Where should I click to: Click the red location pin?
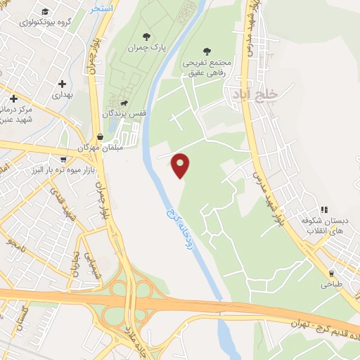[181, 165]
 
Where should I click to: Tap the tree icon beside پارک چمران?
[146, 37]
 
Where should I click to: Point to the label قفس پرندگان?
[117, 113]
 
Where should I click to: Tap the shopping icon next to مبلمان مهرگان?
[100, 136]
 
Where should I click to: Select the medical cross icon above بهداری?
[62, 84]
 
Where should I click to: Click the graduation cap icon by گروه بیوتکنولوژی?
[46, 12]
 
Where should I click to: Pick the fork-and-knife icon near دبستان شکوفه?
[324, 209]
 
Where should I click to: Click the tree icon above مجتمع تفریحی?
[207, 51]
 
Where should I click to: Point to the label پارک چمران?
[146, 48]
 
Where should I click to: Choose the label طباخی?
[331, 285]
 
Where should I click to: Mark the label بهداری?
[62, 94]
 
